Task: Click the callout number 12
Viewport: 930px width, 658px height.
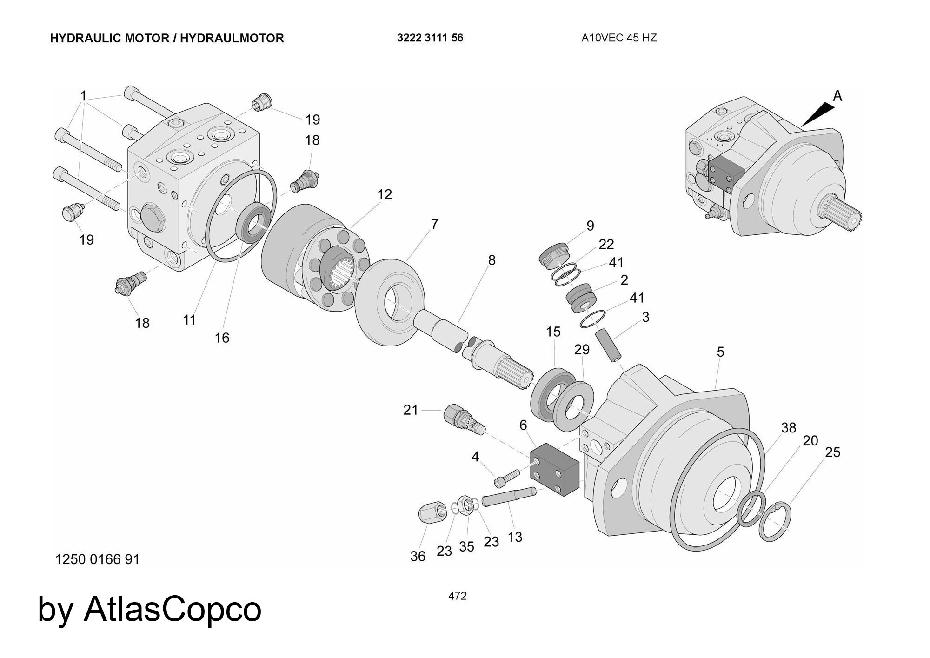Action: click(385, 194)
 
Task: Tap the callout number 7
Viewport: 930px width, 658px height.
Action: click(434, 224)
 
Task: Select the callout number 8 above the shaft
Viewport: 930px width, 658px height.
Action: click(492, 260)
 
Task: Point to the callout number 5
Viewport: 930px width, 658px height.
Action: click(720, 352)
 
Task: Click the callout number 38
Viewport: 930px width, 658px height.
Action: click(788, 427)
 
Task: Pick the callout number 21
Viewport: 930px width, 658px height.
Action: click(410, 410)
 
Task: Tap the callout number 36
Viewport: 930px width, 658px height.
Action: click(418, 556)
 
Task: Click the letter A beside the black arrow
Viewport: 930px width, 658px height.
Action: click(837, 96)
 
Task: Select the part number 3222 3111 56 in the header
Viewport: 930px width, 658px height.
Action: click(430, 38)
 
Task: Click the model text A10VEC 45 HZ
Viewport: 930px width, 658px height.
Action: click(619, 38)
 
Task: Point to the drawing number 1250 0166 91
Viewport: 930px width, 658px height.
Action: click(97, 559)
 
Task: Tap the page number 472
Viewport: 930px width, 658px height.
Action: click(458, 596)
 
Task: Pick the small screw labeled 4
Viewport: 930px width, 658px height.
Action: click(505, 478)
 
